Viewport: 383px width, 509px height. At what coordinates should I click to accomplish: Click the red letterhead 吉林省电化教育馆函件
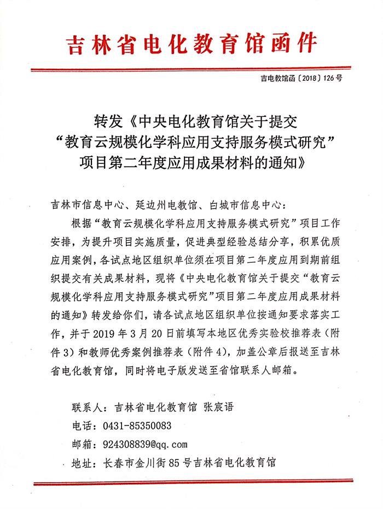(191, 43)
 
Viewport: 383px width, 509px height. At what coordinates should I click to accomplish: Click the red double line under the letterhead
(191, 69)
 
